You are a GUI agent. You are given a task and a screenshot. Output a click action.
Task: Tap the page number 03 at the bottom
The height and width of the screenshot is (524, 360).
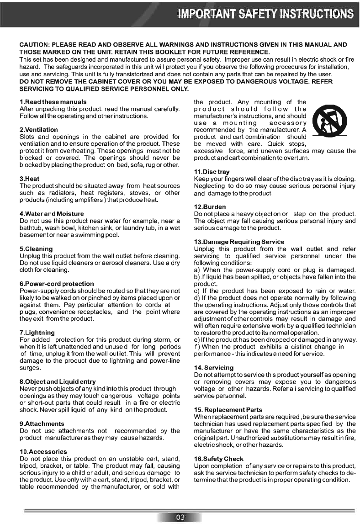(180, 517)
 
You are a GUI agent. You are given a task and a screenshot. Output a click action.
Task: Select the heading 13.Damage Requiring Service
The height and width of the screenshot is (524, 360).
(239, 242)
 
